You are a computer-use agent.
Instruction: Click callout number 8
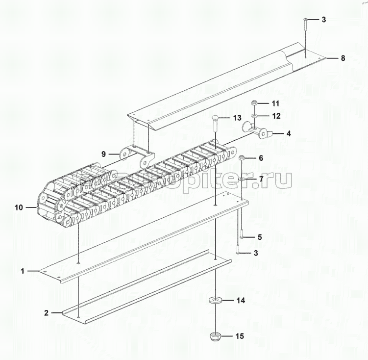343,58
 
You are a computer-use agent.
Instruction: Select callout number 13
237,118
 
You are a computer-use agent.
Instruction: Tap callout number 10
19,208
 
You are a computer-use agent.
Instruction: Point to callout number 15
240,336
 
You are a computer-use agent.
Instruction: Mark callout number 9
103,154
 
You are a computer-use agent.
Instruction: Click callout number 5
260,237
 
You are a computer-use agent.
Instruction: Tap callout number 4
289,133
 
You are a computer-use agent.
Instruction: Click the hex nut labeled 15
215,336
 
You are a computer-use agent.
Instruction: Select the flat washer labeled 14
215,299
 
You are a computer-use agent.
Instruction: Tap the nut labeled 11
254,103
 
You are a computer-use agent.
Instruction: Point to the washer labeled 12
254,116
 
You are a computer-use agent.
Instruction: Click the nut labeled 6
242,158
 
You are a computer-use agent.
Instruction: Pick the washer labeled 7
242,179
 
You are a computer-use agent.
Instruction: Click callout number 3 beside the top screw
323,20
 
